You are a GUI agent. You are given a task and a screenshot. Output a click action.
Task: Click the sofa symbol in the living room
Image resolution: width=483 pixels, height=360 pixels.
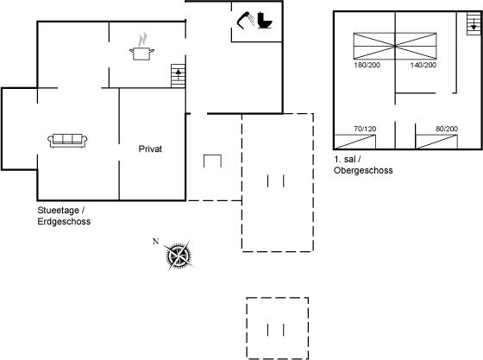click(67, 141)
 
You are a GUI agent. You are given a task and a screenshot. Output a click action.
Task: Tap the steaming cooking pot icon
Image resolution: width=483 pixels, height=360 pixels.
click(141, 47)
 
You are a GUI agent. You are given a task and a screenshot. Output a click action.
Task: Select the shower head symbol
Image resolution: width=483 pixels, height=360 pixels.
click(246, 20)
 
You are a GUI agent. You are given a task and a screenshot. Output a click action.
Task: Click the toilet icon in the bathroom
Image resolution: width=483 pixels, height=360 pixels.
click(265, 21)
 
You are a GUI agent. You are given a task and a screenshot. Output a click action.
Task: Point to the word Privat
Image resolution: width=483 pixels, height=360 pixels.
click(150, 149)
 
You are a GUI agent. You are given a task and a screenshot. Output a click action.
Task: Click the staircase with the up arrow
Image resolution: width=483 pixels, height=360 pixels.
click(178, 76)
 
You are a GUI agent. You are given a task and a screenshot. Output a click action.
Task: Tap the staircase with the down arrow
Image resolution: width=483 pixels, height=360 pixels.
click(474, 23)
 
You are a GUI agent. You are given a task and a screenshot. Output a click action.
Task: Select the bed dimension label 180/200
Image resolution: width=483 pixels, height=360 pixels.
click(367, 65)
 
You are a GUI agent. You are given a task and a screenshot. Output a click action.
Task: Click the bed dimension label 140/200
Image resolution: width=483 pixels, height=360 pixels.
click(423, 65)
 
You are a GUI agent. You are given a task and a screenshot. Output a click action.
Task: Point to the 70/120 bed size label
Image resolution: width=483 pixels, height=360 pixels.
click(365, 129)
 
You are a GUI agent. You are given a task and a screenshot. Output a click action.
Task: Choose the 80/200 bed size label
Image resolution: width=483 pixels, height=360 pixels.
click(447, 129)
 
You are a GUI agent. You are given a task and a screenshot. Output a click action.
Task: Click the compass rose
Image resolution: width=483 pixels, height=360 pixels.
click(179, 256)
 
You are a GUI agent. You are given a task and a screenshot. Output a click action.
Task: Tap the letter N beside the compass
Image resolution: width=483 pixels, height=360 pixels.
click(156, 242)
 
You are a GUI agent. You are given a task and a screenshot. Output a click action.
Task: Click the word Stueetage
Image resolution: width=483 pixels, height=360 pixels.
click(59, 211)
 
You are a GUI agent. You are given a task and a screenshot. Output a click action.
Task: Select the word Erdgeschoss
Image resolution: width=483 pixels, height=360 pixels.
click(64, 222)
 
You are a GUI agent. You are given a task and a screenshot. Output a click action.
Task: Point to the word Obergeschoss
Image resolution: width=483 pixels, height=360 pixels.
click(363, 170)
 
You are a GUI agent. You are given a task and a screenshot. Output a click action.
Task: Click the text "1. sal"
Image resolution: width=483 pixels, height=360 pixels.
click(345, 160)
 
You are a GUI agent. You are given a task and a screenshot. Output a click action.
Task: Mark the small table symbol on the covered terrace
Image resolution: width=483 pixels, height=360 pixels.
click(212, 161)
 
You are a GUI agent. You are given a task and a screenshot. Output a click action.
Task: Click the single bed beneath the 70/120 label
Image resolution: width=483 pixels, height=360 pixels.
click(354, 142)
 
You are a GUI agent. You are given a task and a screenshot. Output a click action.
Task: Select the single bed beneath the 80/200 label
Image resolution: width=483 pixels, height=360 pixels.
click(436, 142)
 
